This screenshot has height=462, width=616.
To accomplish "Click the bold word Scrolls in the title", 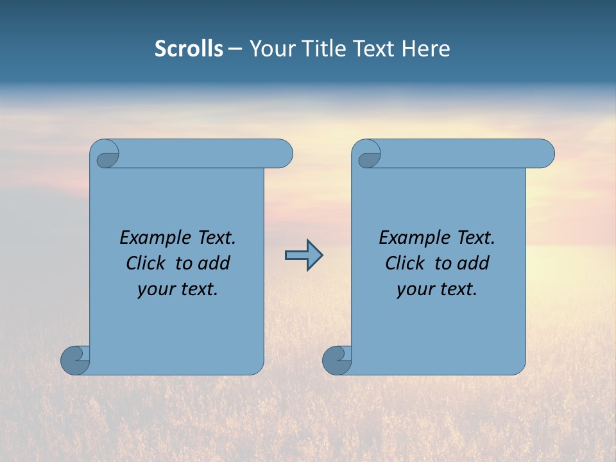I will pyautogui.click(x=189, y=49).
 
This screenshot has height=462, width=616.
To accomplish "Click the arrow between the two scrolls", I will pyautogui.click(x=304, y=255).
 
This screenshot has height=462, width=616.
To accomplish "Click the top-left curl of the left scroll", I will pyautogui.click(x=107, y=157).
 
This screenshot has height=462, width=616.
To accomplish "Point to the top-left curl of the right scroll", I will pyautogui.click(x=368, y=157).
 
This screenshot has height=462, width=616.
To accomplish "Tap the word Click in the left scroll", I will pyautogui.click(x=146, y=264).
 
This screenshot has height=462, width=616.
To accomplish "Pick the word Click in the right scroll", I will pyautogui.click(x=405, y=264).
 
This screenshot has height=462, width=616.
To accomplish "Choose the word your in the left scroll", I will pyautogui.click(x=155, y=290).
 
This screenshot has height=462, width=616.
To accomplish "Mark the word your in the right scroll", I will pyautogui.click(x=415, y=290).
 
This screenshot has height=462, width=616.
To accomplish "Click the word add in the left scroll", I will pyautogui.click(x=214, y=264).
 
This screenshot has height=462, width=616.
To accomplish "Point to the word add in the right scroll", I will pyautogui.click(x=473, y=264).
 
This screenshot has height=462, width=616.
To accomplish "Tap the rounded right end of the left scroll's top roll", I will pyautogui.click(x=282, y=154).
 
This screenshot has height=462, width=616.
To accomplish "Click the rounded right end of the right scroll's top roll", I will pyautogui.click(x=544, y=154).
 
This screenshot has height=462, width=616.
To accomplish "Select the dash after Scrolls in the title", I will pyautogui.click(x=235, y=49).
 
